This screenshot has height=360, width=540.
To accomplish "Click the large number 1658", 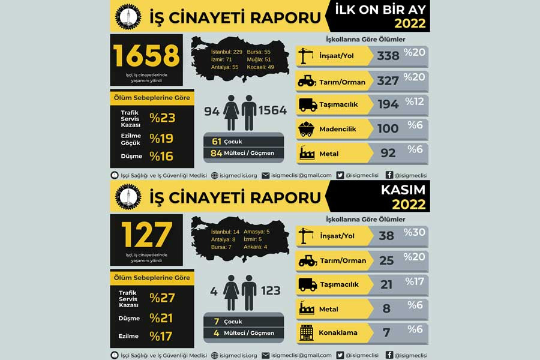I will click(x=146, y=56).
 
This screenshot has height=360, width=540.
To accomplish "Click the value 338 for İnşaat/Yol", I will click(x=388, y=56).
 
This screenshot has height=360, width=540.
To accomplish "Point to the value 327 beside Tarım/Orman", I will click(x=388, y=80).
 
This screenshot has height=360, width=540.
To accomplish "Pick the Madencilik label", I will click(x=338, y=128).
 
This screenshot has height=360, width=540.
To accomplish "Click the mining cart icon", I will click(x=307, y=128).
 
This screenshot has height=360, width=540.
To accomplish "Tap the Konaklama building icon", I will click(x=307, y=332).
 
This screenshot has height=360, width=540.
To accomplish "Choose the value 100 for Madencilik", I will click(x=388, y=128).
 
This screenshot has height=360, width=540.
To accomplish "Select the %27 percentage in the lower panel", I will click(x=162, y=298).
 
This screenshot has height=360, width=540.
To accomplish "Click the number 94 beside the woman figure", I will click(x=212, y=110).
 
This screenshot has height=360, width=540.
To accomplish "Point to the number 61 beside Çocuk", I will click(x=217, y=142).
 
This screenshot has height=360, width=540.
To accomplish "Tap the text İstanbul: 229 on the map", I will click(x=226, y=52).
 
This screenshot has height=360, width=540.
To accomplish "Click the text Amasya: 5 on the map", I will click(x=256, y=232).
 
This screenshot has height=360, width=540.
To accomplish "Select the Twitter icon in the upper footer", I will click(x=340, y=175).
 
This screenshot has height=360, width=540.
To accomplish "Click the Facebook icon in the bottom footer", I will click(x=389, y=355).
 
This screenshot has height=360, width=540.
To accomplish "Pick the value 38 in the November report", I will click(x=386, y=236).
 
